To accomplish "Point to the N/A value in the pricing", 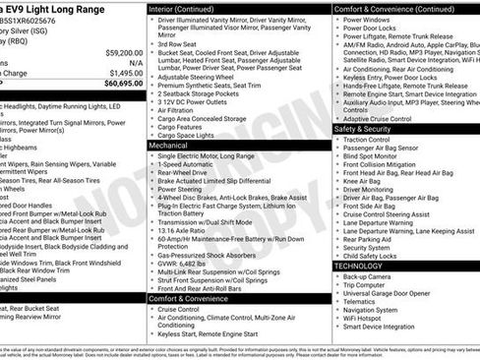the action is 132,62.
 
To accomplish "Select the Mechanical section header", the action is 173,145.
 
